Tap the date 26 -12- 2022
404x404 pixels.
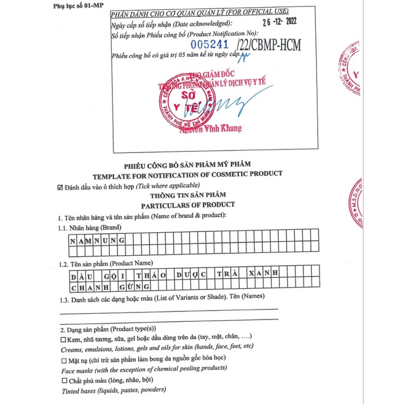click(268, 24)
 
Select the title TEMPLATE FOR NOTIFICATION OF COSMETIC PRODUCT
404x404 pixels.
click(187, 174)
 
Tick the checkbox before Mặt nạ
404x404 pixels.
click(63, 358)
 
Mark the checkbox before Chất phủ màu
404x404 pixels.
click(63, 380)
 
